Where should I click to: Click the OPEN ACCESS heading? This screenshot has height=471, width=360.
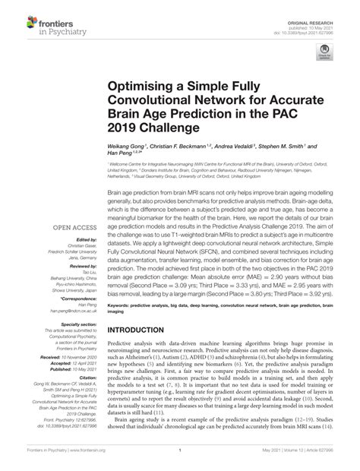click(x=71, y=225)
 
